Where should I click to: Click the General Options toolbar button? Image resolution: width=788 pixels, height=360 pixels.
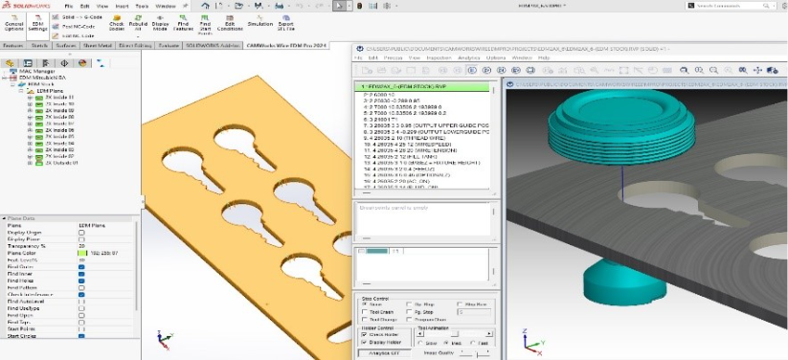(x=14, y=22)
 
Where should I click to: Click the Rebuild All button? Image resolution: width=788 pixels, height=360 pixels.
(x=140, y=22)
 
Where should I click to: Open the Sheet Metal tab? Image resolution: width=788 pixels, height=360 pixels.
(x=98, y=45)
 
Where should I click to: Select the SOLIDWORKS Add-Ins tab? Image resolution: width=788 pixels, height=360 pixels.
(x=214, y=45)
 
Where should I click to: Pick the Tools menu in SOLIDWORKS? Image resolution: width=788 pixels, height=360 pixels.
(x=140, y=6)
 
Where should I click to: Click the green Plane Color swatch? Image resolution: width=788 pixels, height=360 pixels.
(x=83, y=253)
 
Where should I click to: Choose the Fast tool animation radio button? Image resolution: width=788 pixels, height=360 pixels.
(x=469, y=342)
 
